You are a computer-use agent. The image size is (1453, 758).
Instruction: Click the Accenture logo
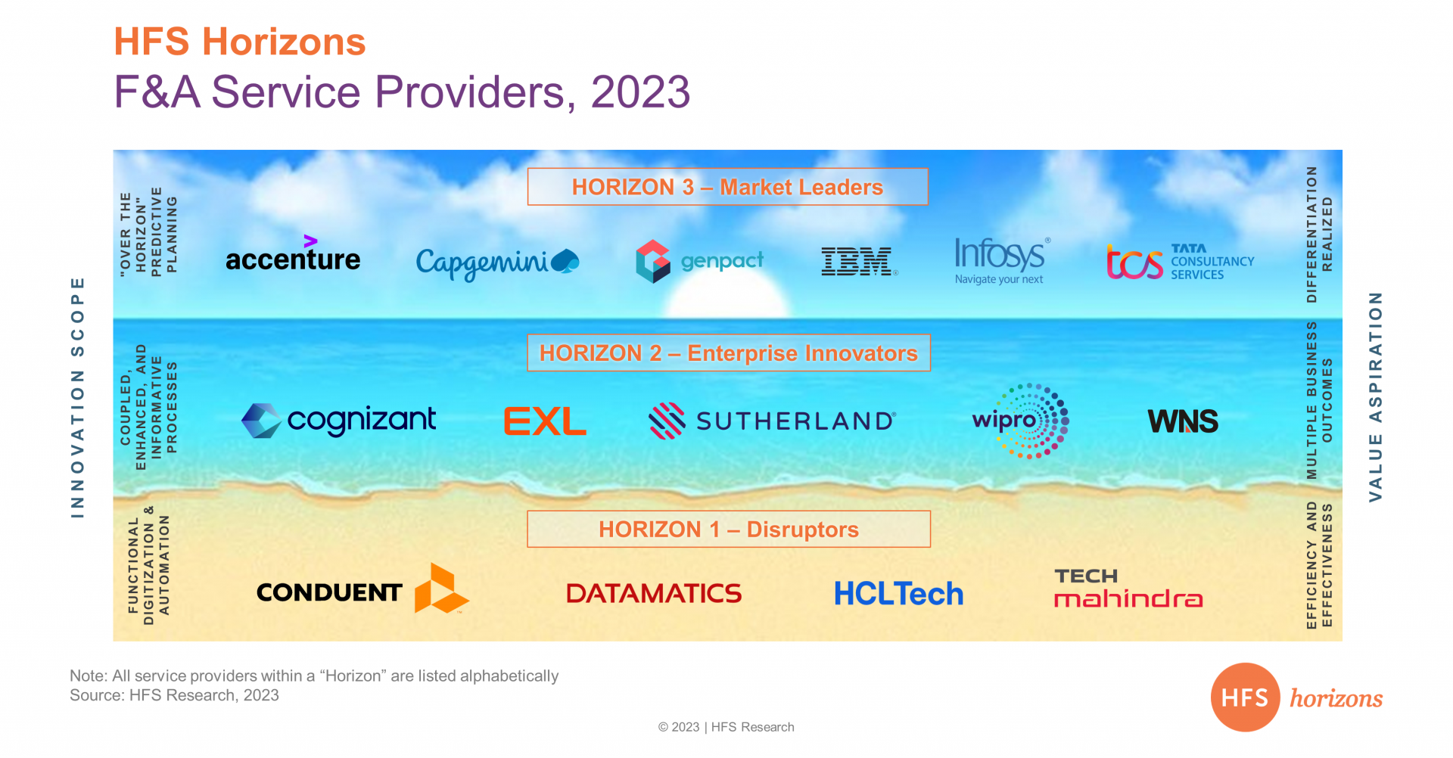pyautogui.click(x=293, y=254)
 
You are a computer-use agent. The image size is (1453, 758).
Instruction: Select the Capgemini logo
pyautogui.click(x=497, y=263)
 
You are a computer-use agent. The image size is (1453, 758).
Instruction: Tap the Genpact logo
pyautogui.click(x=699, y=261)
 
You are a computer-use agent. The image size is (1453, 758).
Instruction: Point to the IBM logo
pyautogui.click(x=860, y=262)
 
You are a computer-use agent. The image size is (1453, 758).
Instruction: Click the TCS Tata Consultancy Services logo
pyautogui.click(x=1180, y=262)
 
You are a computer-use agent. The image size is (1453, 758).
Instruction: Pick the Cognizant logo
pyautogui.click(x=338, y=421)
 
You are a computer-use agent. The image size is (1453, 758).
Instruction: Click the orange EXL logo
pyautogui.click(x=545, y=421)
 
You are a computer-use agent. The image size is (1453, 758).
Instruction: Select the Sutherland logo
pyautogui.click(x=773, y=421)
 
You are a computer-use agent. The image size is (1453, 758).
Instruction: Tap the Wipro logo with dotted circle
pyautogui.click(x=1020, y=421)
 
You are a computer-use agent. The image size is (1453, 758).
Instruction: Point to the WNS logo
pyautogui.click(x=1183, y=421)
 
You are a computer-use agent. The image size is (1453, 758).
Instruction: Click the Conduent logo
pyautogui.click(x=362, y=589)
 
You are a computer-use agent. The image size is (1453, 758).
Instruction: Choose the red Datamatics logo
pyautogui.click(x=654, y=594)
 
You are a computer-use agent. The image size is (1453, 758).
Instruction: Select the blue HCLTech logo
pyautogui.click(x=898, y=594)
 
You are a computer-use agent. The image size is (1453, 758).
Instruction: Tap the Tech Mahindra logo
pyautogui.click(x=1128, y=589)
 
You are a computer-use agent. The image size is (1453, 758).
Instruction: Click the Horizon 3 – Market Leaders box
pyautogui.click(x=728, y=187)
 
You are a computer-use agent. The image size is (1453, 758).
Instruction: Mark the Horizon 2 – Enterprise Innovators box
pyautogui.click(x=729, y=353)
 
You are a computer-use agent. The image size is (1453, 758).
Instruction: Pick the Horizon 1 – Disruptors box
pyautogui.click(x=729, y=530)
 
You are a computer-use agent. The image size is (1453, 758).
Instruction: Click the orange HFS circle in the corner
pyautogui.click(x=1245, y=697)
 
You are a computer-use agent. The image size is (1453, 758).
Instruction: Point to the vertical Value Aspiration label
pyautogui.click(x=1375, y=396)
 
